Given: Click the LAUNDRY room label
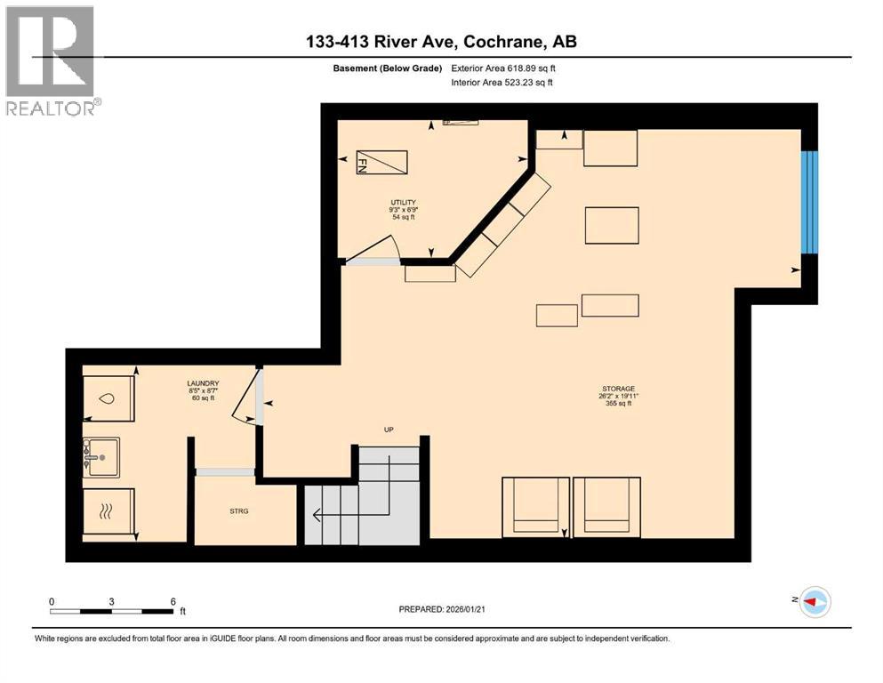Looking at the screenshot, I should (204, 384).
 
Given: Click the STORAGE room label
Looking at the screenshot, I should (617, 389).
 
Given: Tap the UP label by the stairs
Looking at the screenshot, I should (389, 430).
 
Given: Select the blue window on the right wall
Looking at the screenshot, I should (809, 202).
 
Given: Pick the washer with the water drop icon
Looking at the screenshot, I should (108, 399).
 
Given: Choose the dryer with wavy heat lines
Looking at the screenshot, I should (108, 513).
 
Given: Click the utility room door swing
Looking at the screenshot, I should (373, 249).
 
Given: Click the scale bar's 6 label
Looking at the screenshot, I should (173, 600).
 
